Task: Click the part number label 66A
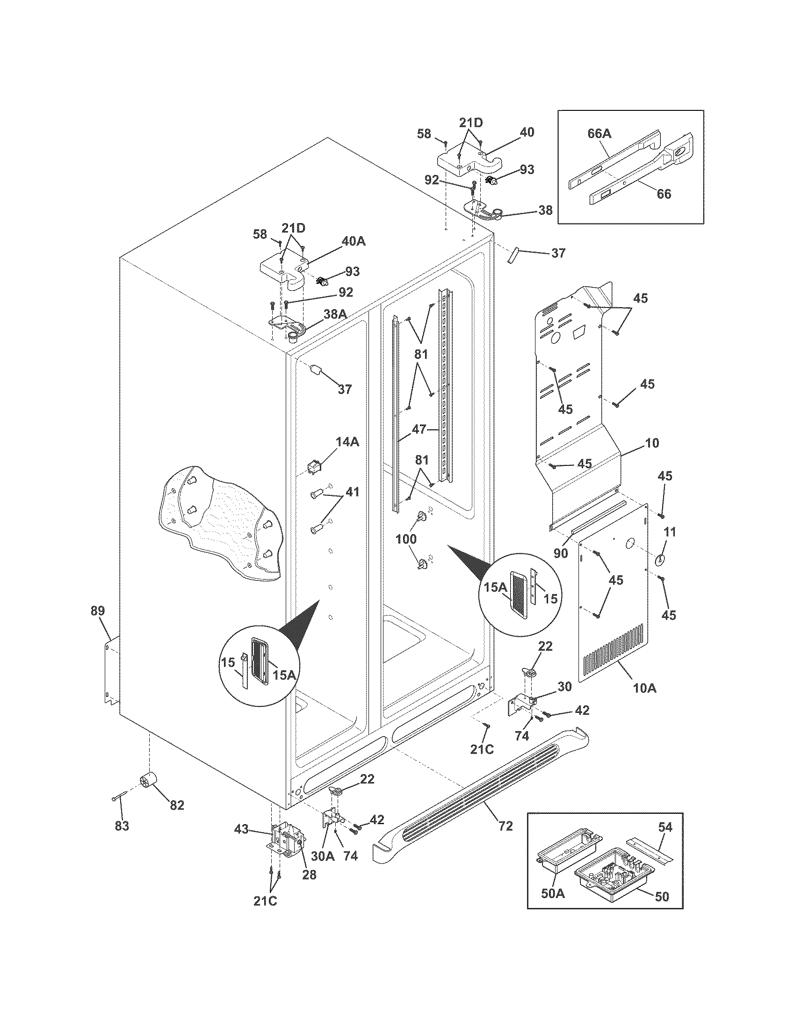[599, 134]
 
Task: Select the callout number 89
[98, 611]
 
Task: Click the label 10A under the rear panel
[645, 688]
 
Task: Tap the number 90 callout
[560, 554]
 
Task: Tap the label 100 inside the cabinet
[406, 538]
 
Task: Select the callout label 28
[310, 875]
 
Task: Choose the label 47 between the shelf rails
[419, 429]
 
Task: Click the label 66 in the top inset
[664, 194]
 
